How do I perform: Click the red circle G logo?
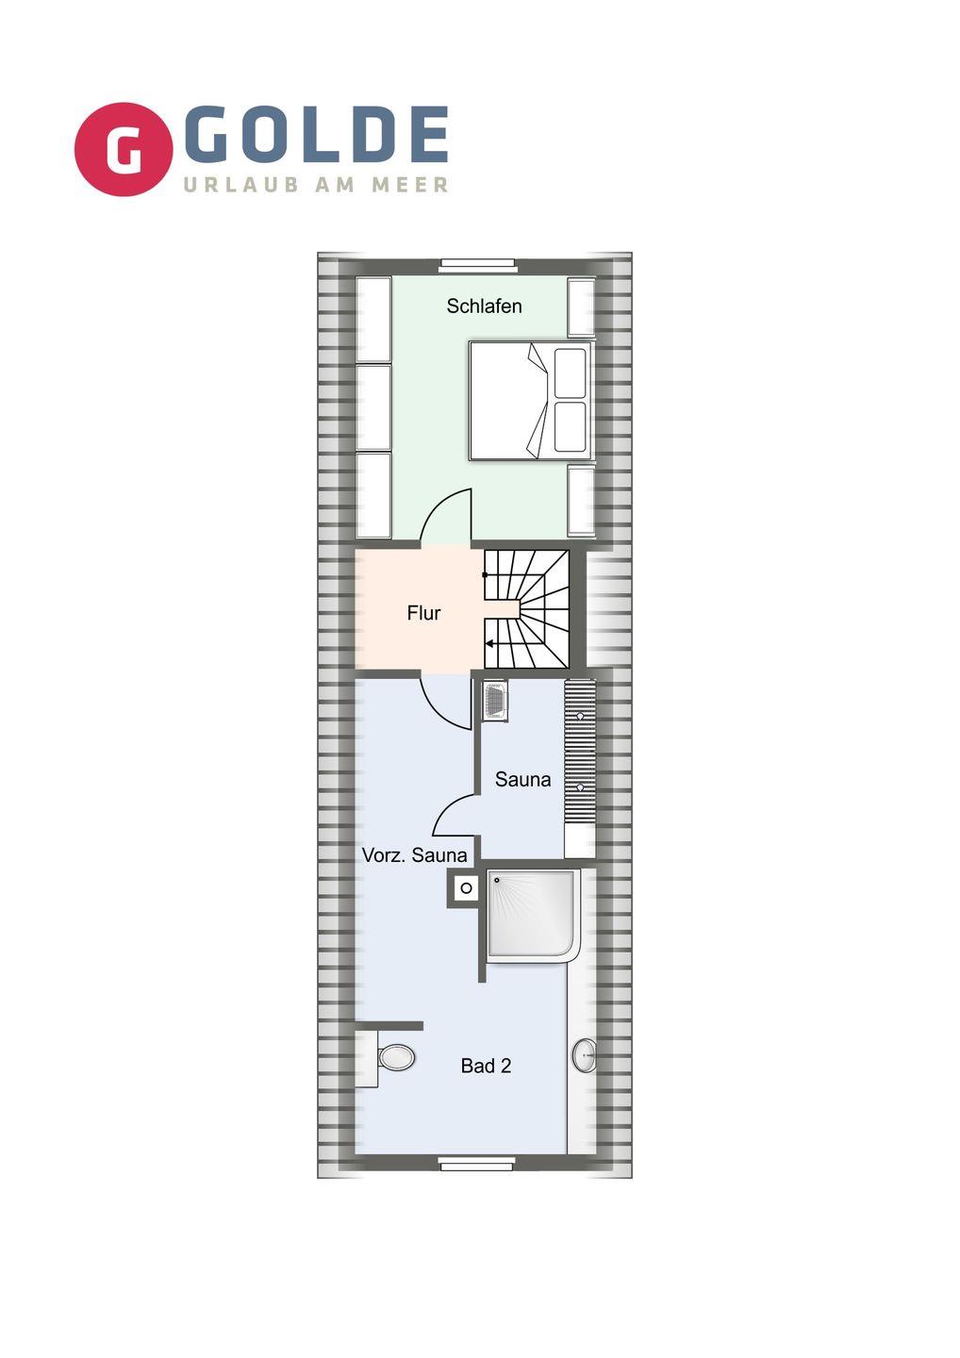(124, 149)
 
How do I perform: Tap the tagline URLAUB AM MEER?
(315, 185)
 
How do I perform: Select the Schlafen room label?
(484, 306)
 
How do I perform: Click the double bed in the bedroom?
(530, 400)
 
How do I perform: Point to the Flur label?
(423, 613)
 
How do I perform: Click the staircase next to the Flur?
(526, 608)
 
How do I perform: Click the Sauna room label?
(522, 780)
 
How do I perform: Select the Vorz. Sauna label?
(415, 855)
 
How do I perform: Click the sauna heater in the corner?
(495, 701)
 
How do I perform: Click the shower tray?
(533, 916)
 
